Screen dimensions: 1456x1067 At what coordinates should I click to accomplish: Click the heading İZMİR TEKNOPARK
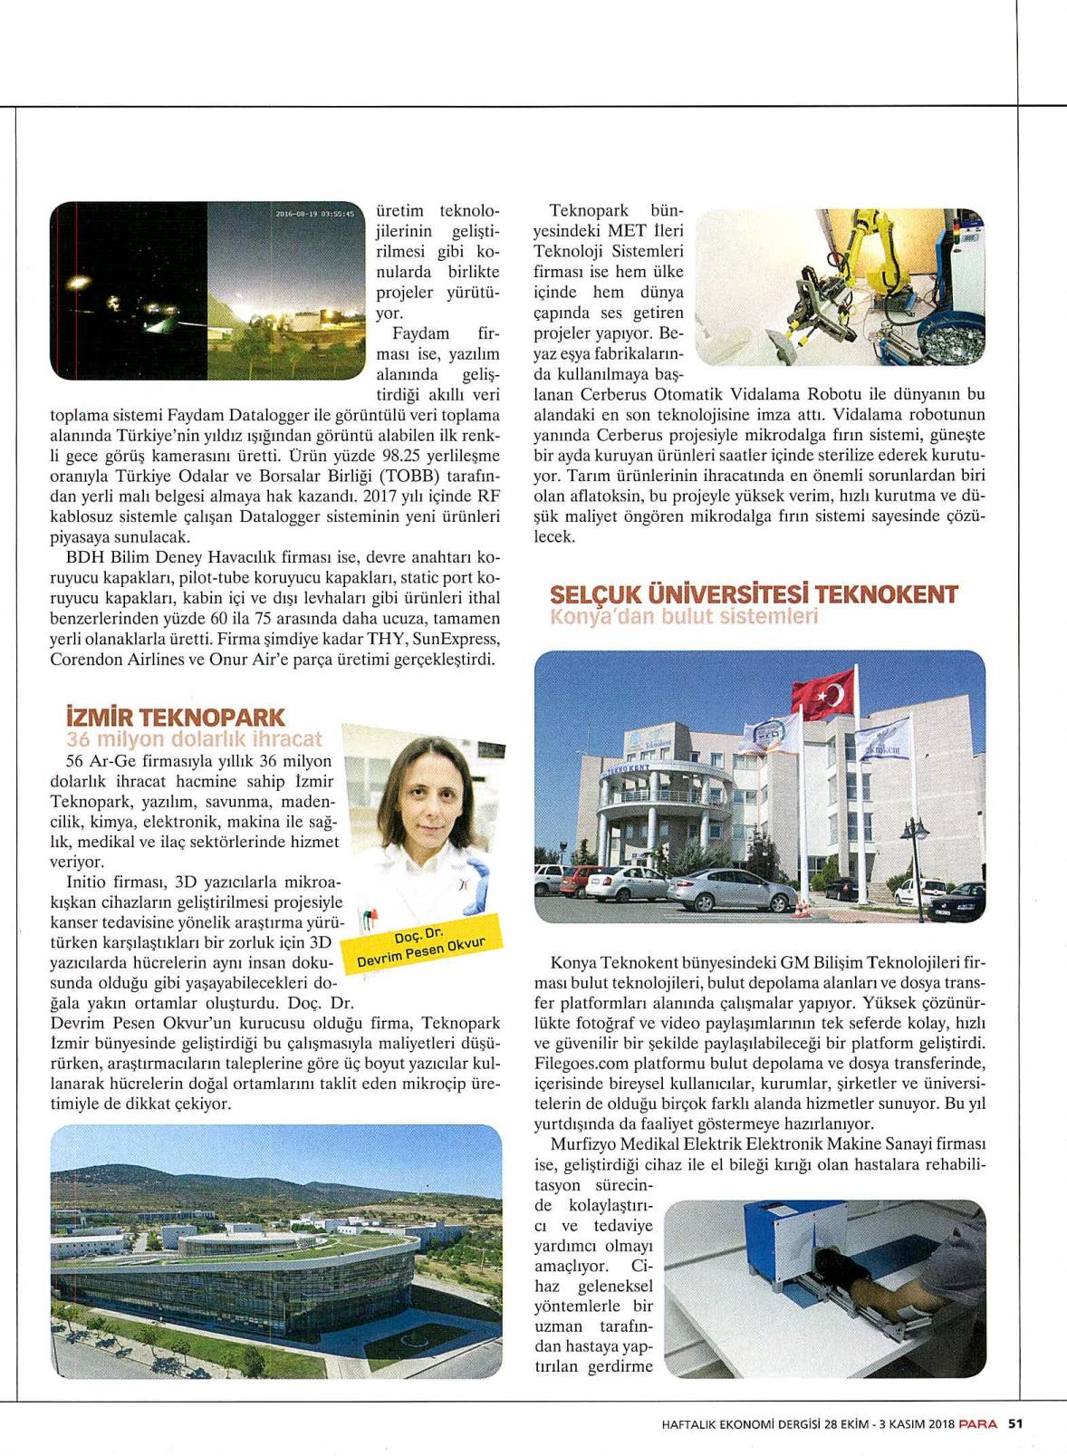pyautogui.click(x=176, y=718)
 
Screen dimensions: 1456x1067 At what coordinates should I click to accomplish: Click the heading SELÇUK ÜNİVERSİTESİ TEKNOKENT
pyautogui.click(x=754, y=595)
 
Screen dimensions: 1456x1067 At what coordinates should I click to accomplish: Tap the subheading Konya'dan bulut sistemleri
pyautogui.click(x=684, y=617)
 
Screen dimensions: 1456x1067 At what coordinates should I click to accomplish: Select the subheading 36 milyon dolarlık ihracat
pyautogui.click(x=194, y=739)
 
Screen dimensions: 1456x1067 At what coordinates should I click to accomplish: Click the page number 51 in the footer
pyautogui.click(x=1016, y=1422)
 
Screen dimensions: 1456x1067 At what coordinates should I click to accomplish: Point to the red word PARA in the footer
pyautogui.click(x=978, y=1422)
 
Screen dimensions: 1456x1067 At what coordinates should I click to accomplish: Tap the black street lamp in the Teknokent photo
pyautogui.click(x=915, y=852)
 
